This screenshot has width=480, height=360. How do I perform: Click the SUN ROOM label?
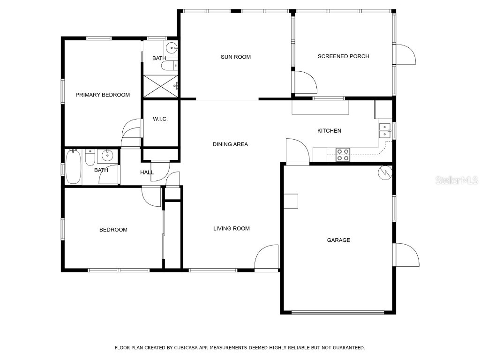[x=236, y=57]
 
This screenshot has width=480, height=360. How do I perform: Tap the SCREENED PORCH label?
[x=343, y=56]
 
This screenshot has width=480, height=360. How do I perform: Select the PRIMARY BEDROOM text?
[x=103, y=95]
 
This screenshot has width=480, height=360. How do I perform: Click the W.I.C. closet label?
[x=160, y=119]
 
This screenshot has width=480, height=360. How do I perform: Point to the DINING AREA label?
[x=230, y=144]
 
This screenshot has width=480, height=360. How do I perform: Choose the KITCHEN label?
[x=329, y=131]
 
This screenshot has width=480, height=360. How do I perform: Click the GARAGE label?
[x=338, y=240]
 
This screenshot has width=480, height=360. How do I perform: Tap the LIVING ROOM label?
[x=231, y=229]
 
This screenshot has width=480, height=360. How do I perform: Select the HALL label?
[x=147, y=172]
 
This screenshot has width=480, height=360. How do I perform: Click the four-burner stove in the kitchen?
[x=343, y=155]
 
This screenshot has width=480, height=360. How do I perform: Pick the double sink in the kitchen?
[x=385, y=130]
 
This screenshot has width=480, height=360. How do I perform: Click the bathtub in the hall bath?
[x=73, y=167]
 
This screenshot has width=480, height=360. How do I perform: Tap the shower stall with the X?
[x=161, y=86]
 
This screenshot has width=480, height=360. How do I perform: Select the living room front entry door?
[x=266, y=257]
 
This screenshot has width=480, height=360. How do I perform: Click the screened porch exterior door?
[x=405, y=54]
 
